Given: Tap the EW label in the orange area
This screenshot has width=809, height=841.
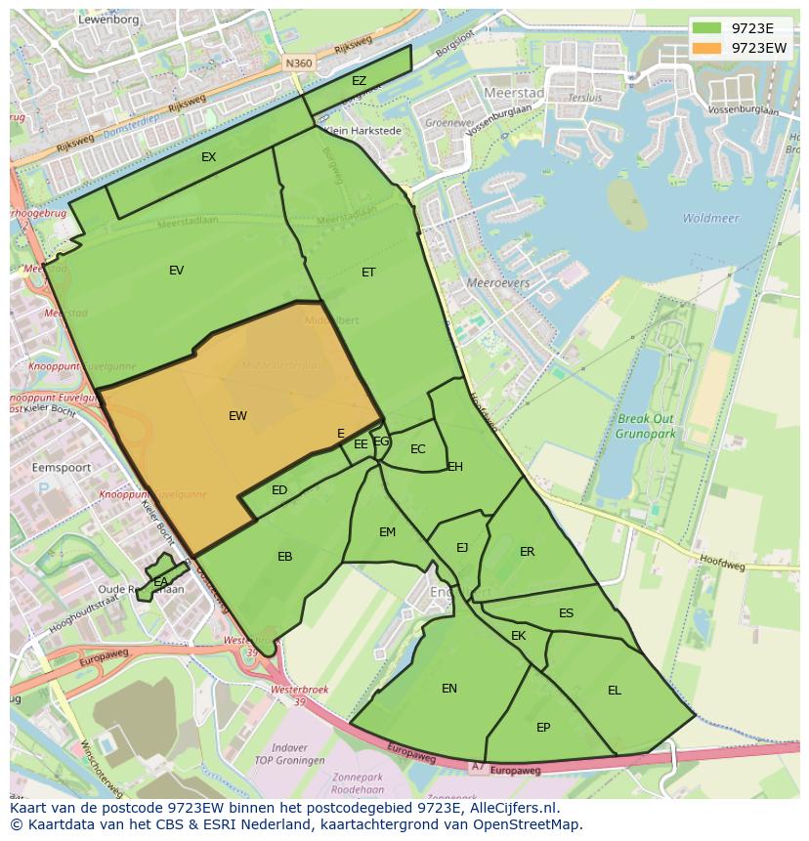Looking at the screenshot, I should pos(237,416).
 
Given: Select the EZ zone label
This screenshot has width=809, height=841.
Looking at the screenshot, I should pos(359,81).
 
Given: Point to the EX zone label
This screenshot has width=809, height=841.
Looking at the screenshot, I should pos(208,157).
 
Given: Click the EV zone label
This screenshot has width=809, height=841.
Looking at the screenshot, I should pos(176,271).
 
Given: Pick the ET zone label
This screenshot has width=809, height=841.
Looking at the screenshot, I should pos(368,273).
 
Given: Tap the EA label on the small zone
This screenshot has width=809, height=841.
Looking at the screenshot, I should pos(160,582).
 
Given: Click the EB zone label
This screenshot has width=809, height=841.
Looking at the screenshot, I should pos(284,557).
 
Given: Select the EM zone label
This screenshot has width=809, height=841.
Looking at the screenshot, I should pos(387,532).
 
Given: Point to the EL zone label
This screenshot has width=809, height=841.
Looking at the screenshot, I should pos(614,691).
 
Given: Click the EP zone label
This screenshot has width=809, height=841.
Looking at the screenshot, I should pos(543,728).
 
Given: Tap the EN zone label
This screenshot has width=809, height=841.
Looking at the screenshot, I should pos(448,689).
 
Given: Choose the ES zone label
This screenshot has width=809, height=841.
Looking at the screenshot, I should pos(566,613).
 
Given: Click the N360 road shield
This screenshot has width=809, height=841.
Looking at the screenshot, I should pos(298,63).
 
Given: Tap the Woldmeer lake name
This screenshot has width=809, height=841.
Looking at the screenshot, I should pos(710,219).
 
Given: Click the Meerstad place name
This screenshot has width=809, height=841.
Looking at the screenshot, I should pos(513,92).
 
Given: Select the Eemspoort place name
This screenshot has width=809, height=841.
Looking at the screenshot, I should pos(62,468).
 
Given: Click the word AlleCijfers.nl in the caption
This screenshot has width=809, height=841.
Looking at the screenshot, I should pos(508,808).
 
